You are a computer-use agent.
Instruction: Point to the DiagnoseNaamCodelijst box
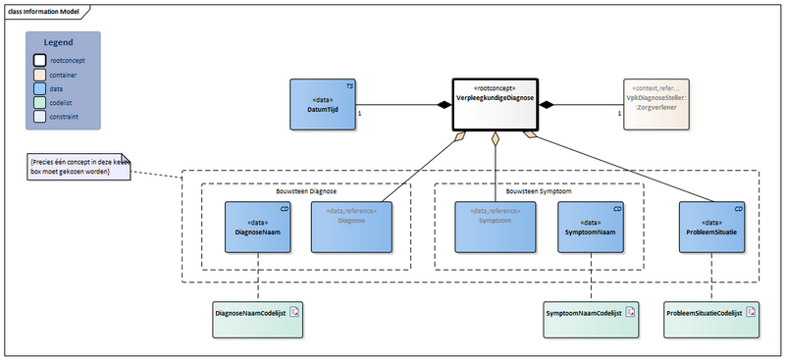click(258, 313)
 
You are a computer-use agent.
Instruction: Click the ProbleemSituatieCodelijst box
click(708, 313)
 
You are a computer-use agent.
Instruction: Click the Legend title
click(63, 43)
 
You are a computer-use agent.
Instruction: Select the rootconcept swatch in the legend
click(40, 60)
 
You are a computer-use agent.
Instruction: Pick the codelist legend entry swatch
click(40, 101)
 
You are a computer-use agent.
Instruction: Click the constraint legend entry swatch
click(40, 115)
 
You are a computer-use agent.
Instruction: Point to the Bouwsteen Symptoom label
click(539, 191)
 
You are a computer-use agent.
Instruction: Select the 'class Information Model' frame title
click(45, 12)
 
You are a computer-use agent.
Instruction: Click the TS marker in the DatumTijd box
click(349, 87)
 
